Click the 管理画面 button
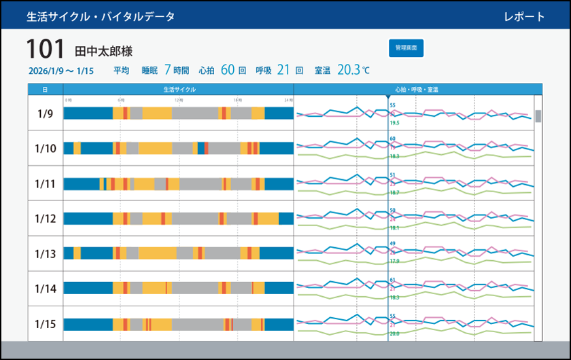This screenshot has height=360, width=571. [406, 48]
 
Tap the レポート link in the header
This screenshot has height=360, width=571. [524, 16]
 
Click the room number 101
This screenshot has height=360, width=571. [45, 50]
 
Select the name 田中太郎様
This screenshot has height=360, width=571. [103, 51]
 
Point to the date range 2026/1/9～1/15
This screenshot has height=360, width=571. [61, 71]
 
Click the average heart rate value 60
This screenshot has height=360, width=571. [227, 69]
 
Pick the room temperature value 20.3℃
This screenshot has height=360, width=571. [353, 69]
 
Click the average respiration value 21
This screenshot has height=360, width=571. [283, 69]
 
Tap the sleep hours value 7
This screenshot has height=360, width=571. [167, 69]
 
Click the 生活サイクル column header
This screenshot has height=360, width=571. [179, 89]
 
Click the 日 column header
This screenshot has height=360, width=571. [45, 89]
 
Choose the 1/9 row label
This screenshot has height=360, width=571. [45, 113]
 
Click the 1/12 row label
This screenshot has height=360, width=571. [45, 219]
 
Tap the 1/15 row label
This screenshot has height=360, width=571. [45, 324]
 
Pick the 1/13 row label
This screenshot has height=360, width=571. [45, 254]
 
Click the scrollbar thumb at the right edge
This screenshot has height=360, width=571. [538, 116]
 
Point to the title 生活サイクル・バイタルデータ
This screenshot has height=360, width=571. [101, 16]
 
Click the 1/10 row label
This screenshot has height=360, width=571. [45, 149]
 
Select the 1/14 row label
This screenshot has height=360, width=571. [45, 289]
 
